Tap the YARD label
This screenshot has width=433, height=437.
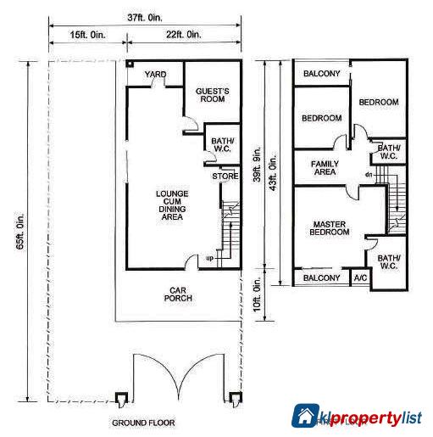click(155, 75)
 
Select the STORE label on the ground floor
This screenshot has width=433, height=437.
click(225, 176)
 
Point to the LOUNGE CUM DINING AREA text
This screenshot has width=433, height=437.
click(172, 205)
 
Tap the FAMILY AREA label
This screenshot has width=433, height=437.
click(325, 167)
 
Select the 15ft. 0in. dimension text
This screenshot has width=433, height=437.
click(87, 34)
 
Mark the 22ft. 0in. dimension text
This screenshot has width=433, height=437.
click(183, 34)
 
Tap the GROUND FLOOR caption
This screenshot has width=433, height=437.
click(143, 422)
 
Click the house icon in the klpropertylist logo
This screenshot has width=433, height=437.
click(305, 416)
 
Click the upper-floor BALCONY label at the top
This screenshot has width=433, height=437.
click(322, 74)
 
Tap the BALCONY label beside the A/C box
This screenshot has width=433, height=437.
click(322, 277)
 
